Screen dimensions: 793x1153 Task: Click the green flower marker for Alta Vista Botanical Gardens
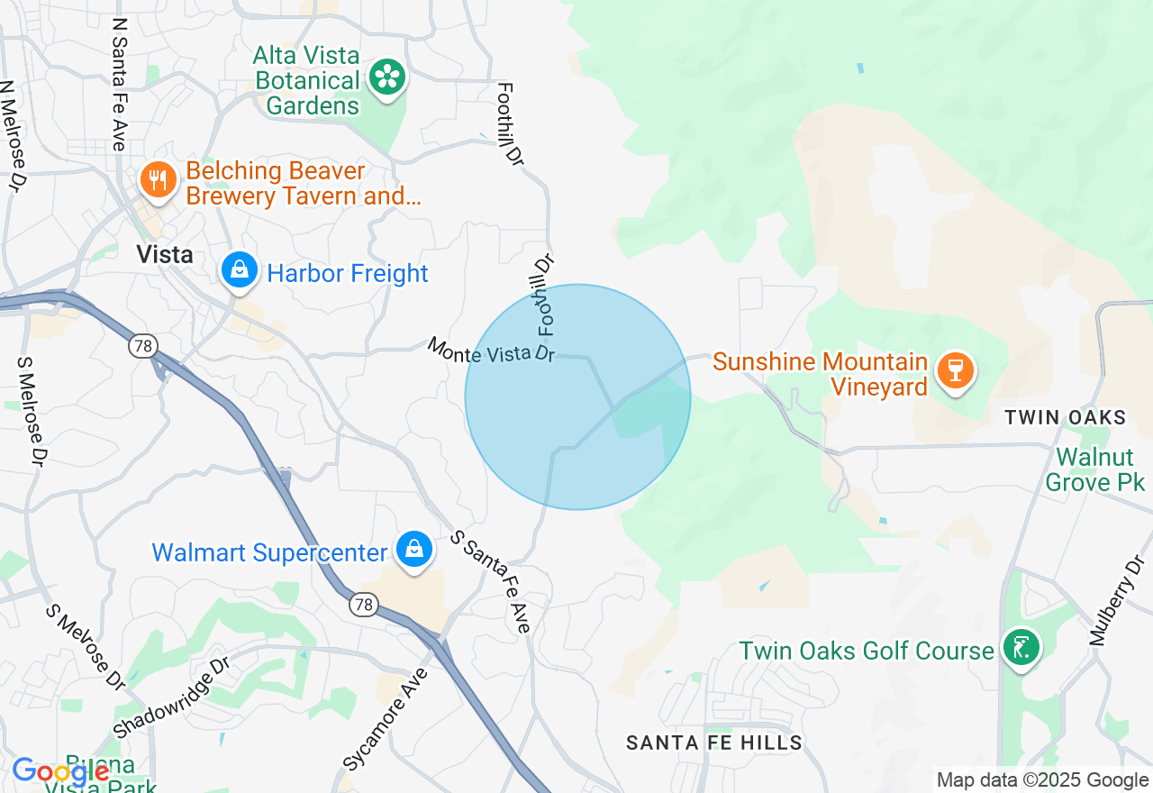pyautogui.click(x=387, y=77)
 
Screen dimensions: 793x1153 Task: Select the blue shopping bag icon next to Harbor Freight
pyautogui.click(x=240, y=271)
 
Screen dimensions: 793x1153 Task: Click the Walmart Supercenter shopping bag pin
pyautogui.click(x=413, y=550)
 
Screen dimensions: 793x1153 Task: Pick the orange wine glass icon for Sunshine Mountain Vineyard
pyautogui.click(x=955, y=371)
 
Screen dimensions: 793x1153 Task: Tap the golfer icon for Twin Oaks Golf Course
pyautogui.click(x=1021, y=648)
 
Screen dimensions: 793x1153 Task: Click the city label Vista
pyautogui.click(x=165, y=255)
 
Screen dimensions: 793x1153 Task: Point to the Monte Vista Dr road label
pyautogui.click(x=491, y=351)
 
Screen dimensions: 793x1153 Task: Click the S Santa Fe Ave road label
pyautogui.click(x=492, y=581)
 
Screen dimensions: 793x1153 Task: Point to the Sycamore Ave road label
pyautogui.click(x=386, y=718)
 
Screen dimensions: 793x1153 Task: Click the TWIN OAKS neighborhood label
pyautogui.click(x=1066, y=417)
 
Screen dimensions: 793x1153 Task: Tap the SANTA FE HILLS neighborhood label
pyautogui.click(x=714, y=743)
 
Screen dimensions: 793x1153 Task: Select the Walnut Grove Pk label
pyautogui.click(x=1094, y=469)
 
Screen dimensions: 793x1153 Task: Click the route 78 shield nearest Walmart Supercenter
pyautogui.click(x=364, y=606)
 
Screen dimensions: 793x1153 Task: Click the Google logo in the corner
pyautogui.click(x=60, y=772)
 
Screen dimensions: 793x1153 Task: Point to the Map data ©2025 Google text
pyautogui.click(x=1042, y=780)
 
